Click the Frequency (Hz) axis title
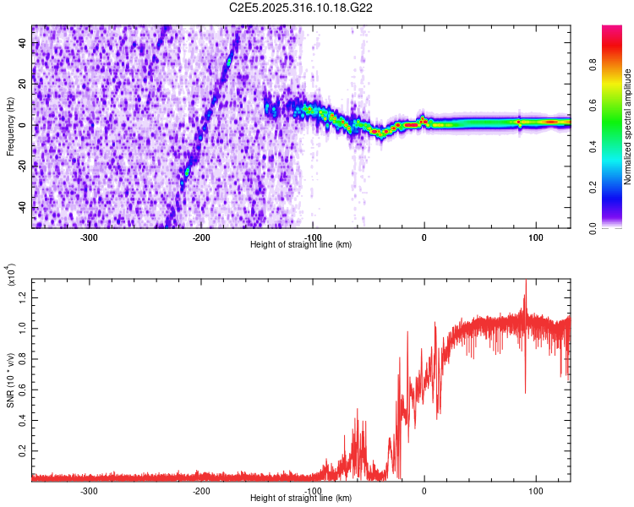10,126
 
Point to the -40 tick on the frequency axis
22,207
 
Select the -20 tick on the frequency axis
22,166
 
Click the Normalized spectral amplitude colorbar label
628,127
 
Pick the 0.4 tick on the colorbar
617,147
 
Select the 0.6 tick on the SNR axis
24,388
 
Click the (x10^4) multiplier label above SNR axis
10,275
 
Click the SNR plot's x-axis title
301,499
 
